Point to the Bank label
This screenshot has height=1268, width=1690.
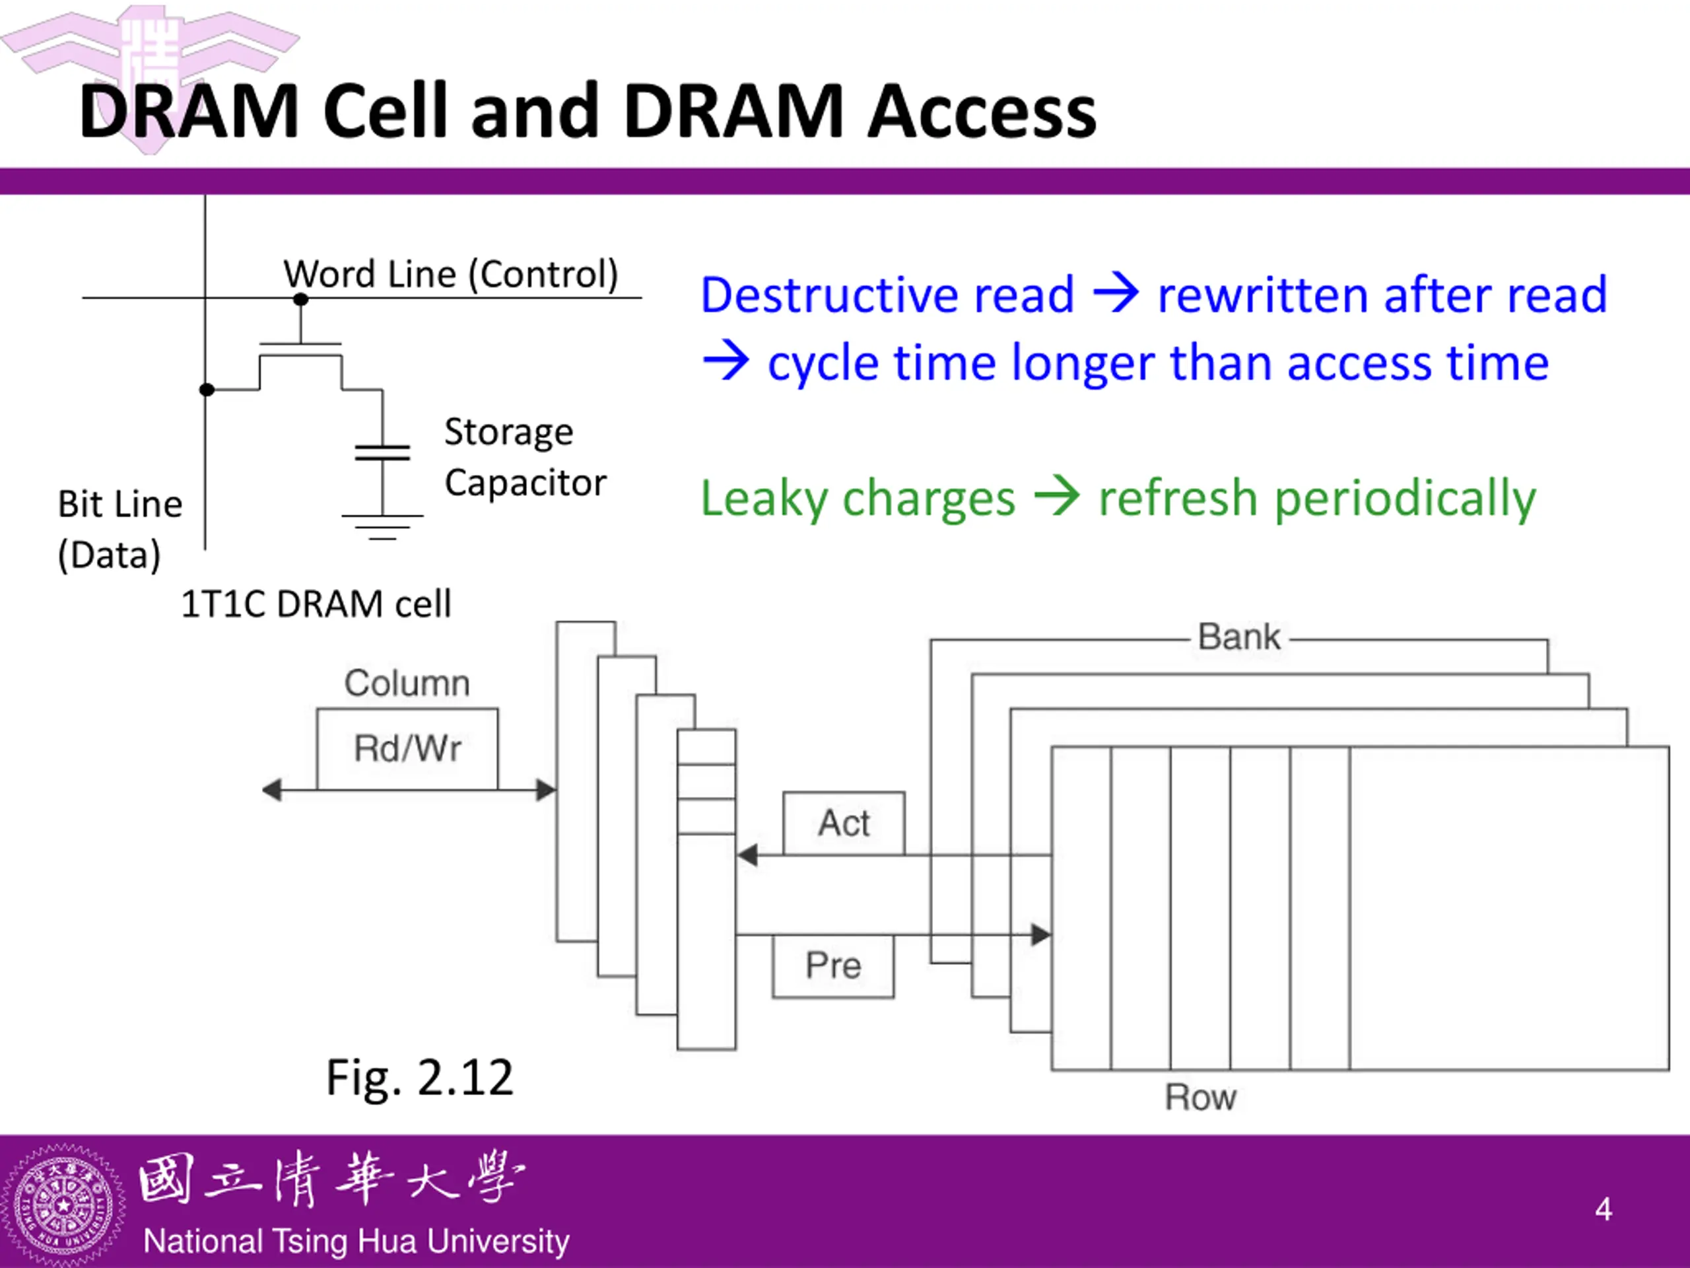coord(1238,637)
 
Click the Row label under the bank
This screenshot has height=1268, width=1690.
coord(1200,1098)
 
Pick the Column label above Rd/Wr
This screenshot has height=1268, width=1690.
coord(407,682)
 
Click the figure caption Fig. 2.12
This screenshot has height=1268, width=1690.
coord(419,1078)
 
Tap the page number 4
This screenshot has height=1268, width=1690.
coord(1604,1209)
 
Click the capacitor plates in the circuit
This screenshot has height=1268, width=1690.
coord(382,452)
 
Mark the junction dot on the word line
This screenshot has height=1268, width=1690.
coord(301,299)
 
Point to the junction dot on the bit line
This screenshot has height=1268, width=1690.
coord(206,390)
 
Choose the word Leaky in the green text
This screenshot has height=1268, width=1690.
coord(764,499)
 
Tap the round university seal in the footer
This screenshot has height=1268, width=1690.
coord(63,1206)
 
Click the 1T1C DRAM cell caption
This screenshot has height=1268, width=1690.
coord(316,604)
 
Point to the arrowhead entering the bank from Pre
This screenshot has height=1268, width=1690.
coord(1041,934)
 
